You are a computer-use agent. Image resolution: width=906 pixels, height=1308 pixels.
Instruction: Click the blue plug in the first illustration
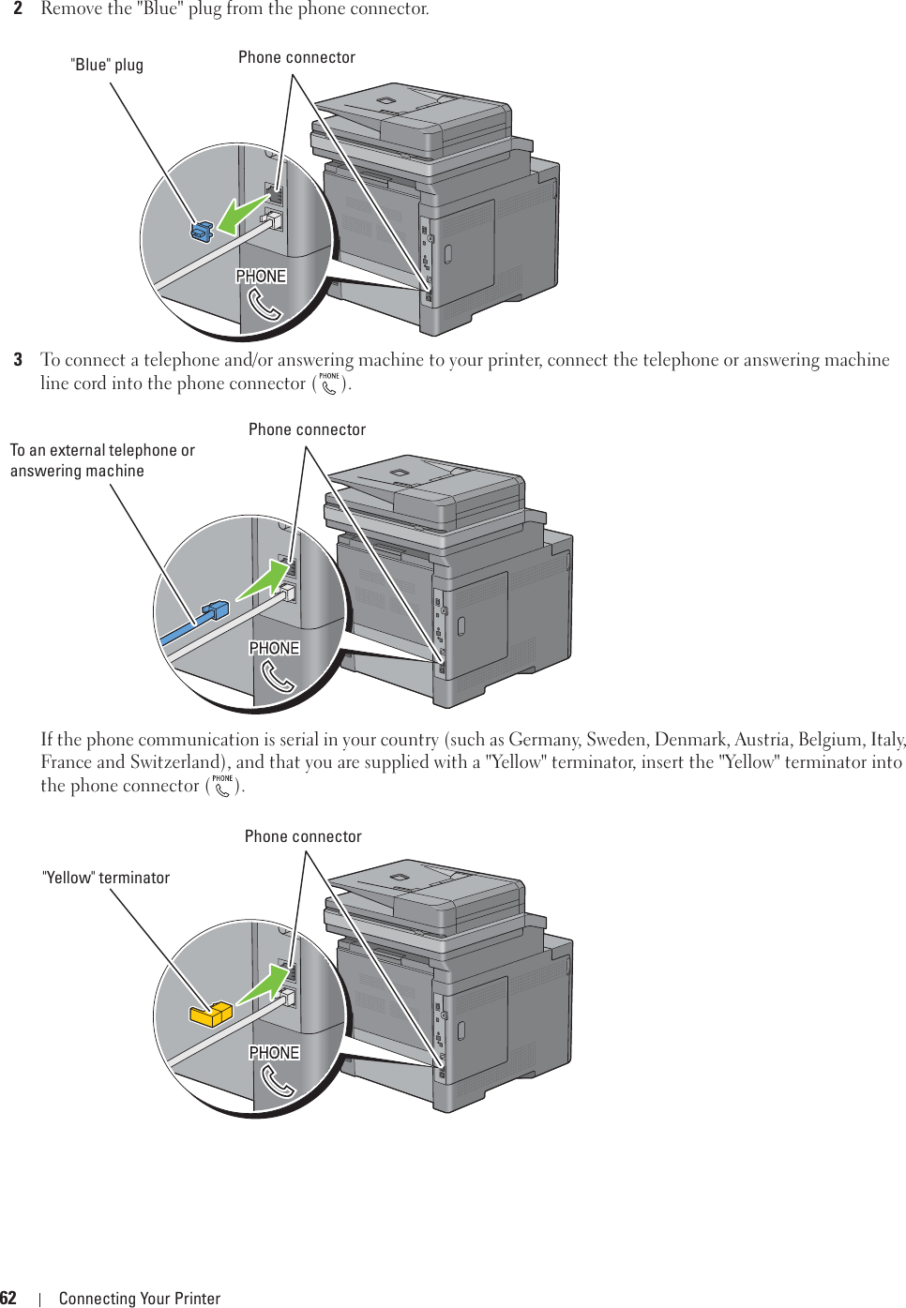coord(202,230)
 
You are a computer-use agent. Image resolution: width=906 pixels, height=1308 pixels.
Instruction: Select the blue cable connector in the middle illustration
coord(215,610)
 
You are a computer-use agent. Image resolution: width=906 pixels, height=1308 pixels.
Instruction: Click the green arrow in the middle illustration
coord(262,580)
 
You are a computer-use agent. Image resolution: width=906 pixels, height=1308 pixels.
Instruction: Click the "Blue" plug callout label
coord(107,65)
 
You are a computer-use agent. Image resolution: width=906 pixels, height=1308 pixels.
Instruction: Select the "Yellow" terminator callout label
coord(106,878)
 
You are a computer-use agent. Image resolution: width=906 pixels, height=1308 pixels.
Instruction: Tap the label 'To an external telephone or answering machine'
coord(102,460)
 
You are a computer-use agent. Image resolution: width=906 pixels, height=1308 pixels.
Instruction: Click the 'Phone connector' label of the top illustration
coord(296,57)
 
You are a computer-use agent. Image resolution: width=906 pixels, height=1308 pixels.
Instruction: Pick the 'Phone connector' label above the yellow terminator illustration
coord(303,836)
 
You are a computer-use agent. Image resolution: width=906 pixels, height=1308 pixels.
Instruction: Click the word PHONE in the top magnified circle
coord(261,277)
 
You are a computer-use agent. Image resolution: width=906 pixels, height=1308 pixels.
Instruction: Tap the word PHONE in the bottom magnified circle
coord(274,1053)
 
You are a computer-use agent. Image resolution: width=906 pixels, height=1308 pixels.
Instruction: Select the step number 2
coord(18,8)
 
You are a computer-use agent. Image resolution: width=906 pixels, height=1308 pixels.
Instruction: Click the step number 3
coord(18,360)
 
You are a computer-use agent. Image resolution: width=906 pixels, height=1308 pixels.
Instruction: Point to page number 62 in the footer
coord(8,1298)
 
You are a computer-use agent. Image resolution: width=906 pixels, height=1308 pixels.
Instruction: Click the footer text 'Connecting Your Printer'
coord(140,1299)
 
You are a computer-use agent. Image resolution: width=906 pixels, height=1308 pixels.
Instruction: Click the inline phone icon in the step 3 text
coord(329,383)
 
